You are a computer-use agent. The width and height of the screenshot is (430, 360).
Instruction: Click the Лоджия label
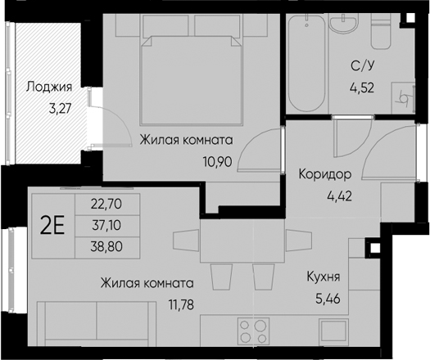click(49, 88)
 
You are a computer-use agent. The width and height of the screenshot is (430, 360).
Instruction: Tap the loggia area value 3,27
click(60, 109)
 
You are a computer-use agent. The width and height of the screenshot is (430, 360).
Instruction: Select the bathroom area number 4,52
click(362, 88)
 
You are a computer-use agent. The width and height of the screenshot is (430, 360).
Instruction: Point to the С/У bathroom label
click(363, 66)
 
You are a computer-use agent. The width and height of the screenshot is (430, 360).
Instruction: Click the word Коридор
click(325, 174)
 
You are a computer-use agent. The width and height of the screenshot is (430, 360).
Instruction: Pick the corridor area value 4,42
click(339, 196)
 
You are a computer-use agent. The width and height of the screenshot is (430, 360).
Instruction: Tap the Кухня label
click(324, 277)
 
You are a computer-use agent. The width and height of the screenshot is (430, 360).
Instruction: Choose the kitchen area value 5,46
click(328, 299)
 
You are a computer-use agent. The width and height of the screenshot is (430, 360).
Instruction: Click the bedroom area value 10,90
click(217, 162)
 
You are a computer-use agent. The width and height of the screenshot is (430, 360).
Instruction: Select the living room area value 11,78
click(181, 304)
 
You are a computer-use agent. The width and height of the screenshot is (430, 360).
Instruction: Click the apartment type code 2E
click(52, 226)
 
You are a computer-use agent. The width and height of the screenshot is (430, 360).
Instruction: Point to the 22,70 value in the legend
click(106, 204)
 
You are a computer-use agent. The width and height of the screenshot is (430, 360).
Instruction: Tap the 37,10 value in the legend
click(107, 226)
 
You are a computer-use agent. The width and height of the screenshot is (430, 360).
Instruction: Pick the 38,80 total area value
click(106, 246)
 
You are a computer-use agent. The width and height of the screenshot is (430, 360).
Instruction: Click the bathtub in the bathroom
click(306, 63)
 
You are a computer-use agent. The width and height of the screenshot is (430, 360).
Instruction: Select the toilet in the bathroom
click(381, 31)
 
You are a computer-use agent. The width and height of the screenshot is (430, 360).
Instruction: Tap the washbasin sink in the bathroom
click(344, 24)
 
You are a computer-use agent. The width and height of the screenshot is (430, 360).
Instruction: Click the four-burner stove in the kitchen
click(253, 331)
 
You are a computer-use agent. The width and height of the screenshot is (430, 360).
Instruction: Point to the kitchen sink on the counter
click(333, 331)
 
